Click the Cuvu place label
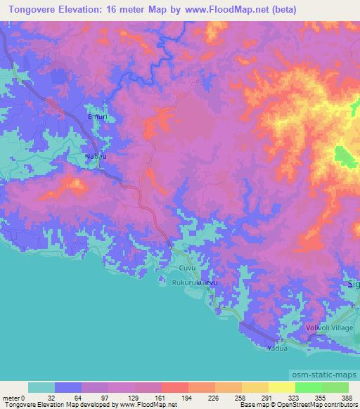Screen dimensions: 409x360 click(186, 268)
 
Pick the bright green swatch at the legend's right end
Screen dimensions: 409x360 click(335, 387)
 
